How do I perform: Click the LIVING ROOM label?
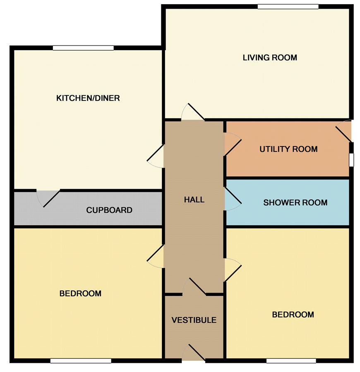pos(270,58)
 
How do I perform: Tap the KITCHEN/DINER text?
pos(88,98)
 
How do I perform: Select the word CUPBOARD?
pos(109,210)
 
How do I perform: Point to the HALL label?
pos(194,199)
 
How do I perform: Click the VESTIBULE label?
pos(194,320)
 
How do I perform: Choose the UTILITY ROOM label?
pos(288,149)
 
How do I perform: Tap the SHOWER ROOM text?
pos(295,202)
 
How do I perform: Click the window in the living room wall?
pos(288,7)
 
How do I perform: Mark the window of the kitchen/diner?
pos(83,48)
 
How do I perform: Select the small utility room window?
pos(351,160)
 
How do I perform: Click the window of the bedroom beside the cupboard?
pos(81,361)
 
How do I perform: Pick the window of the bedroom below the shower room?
pos(291,361)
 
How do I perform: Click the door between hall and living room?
pos(193,112)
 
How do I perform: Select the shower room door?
pos(233,199)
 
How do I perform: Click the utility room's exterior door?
pos(343,131)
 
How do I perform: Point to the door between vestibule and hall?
pos(194,287)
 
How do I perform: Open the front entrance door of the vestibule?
pos(193,353)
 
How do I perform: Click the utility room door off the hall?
pos(233,144)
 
